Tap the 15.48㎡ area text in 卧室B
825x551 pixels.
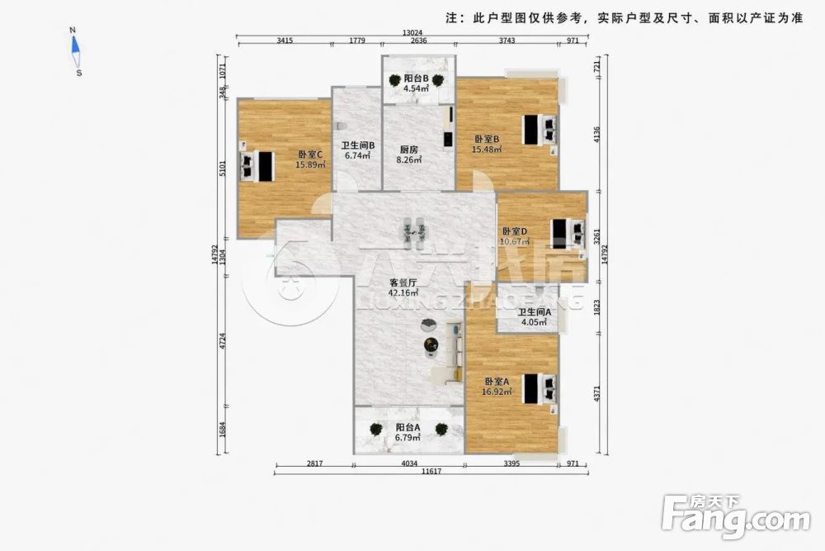tap(488, 150)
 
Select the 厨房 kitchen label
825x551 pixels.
tap(408, 150)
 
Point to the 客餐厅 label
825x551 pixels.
tap(403, 282)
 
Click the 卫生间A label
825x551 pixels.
tap(534, 312)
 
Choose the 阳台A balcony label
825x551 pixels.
tap(408, 427)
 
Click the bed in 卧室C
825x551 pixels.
tap(257, 166)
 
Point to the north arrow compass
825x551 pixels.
tap(76, 51)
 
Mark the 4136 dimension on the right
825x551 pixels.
tap(597, 131)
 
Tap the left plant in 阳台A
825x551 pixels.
tap(376, 429)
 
